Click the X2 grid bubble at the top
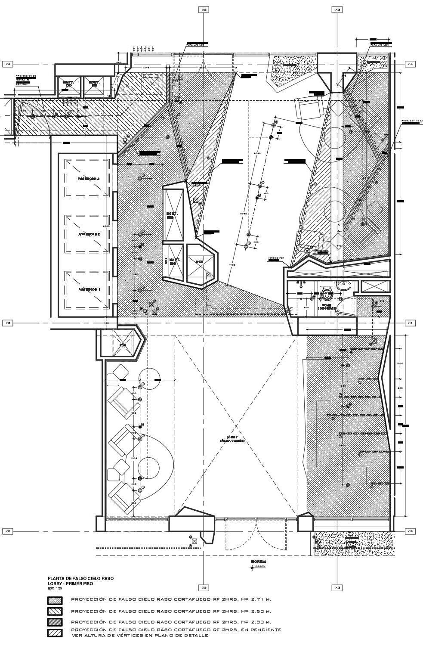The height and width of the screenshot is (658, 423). (204, 9)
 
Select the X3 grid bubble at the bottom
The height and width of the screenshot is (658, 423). (337, 587)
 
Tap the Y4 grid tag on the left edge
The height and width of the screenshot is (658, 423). (8, 64)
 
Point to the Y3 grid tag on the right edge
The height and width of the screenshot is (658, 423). (411, 323)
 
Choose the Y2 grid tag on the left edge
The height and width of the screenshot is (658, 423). (8, 531)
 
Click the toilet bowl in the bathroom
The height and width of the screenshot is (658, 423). (327, 295)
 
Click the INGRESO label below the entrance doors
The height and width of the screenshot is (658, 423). (259, 562)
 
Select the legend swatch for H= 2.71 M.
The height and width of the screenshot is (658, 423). (55, 600)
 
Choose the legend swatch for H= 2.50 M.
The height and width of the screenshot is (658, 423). (55, 611)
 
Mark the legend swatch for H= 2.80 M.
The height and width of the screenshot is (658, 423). (55, 622)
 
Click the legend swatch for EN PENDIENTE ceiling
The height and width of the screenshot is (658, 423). (55, 633)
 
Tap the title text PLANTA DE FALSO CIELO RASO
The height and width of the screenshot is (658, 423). (80, 578)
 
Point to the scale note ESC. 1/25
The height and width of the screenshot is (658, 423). (56, 588)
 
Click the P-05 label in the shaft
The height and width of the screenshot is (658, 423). (199, 261)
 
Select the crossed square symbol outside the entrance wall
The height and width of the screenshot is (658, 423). (195, 540)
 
